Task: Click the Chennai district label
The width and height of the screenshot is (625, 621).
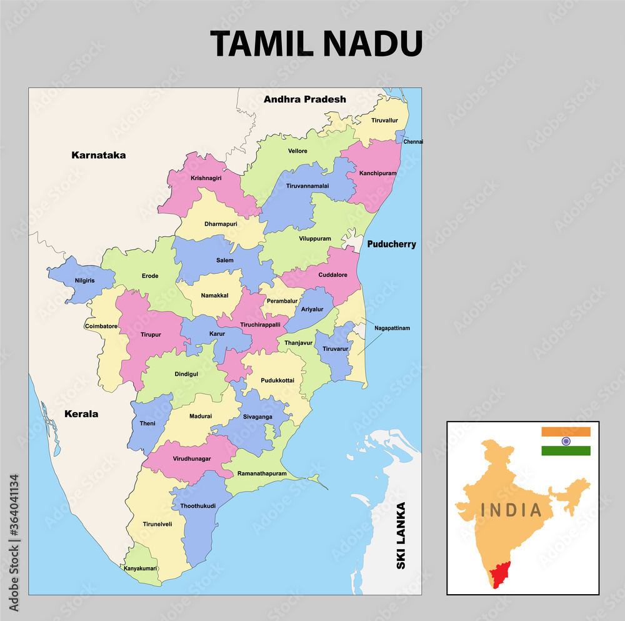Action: point(413,142)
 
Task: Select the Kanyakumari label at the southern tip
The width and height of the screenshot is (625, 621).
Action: point(141,568)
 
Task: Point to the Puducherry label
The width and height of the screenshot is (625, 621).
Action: point(391,245)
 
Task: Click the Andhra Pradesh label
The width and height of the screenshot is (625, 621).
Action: point(304,99)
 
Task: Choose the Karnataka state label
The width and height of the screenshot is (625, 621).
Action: point(98,155)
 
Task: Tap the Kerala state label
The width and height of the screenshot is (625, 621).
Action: point(81,414)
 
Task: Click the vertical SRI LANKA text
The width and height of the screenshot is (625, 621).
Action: point(401,536)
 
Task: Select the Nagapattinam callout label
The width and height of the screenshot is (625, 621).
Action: point(392,328)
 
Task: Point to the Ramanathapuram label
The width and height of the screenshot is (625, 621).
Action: point(262,473)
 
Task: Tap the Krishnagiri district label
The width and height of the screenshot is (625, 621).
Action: point(206,178)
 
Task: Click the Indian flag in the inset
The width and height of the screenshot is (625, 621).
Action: point(566,442)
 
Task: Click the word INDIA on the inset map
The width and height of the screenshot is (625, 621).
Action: point(511,510)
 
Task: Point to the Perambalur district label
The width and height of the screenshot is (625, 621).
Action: point(282,301)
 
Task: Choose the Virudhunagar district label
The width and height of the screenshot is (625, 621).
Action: point(191,459)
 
